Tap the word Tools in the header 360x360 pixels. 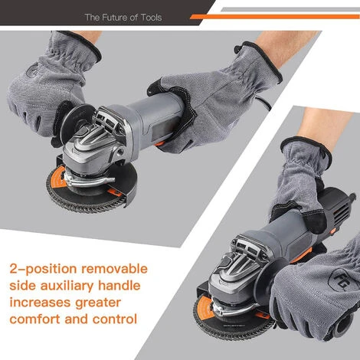coord(151,18)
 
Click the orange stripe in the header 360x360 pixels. coord(275,17)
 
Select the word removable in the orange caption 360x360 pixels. coord(114,269)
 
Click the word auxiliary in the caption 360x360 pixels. coord(67,286)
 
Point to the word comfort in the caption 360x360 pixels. coord(34,319)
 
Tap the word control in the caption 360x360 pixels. coord(115,319)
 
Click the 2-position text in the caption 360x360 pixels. coord(43,269)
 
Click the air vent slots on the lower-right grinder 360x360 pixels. coord(341,212)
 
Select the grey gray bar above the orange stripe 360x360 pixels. coord(290,9)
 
